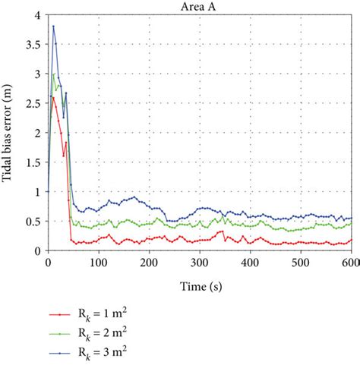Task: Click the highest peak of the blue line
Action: pyautogui.click(x=53, y=27)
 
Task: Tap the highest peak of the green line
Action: pyautogui.click(x=53, y=74)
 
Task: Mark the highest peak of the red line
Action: pyautogui.click(x=53, y=97)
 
